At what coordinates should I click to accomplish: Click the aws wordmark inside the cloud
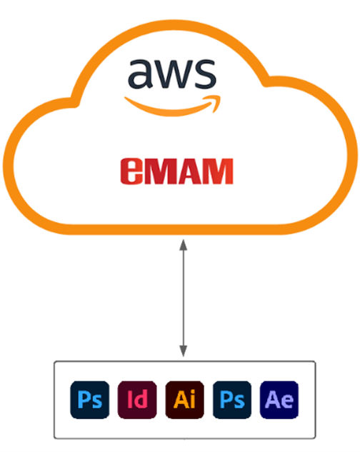(172, 74)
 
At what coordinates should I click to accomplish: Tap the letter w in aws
(171, 74)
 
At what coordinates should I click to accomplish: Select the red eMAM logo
(176, 171)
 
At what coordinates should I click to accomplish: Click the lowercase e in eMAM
(132, 171)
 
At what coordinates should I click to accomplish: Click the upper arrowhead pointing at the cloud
(183, 245)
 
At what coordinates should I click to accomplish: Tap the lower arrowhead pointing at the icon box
(183, 351)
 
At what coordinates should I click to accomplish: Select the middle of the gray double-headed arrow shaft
(183, 298)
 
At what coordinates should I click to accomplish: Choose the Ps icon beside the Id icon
(90, 400)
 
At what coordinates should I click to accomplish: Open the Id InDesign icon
(137, 400)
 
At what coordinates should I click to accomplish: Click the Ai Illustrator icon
(184, 400)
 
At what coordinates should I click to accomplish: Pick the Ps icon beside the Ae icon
(232, 400)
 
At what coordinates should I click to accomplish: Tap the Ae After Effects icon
(279, 400)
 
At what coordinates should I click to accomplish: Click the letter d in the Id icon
(141, 399)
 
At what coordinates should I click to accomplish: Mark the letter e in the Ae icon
(287, 401)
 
